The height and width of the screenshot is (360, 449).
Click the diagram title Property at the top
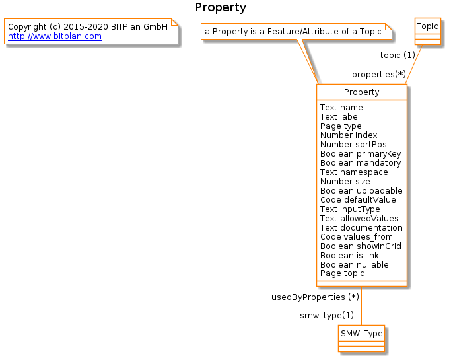[x=221, y=8]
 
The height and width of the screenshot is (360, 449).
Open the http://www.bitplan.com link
[x=54, y=36]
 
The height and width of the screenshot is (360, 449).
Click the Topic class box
[x=427, y=26]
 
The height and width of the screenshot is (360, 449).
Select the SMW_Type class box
[x=361, y=334]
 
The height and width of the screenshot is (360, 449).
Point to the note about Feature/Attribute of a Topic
[x=293, y=32]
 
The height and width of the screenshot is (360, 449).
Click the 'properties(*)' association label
[x=378, y=74]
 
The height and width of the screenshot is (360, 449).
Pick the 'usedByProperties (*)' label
[x=315, y=297]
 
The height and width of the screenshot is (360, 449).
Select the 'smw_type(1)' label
[x=326, y=315]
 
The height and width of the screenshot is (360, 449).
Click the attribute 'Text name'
[x=341, y=108]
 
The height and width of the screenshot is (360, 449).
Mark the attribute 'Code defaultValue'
[x=358, y=200]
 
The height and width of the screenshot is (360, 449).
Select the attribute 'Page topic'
[x=342, y=273]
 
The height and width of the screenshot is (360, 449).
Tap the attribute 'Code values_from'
[x=356, y=237]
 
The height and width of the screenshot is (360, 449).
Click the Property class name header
[x=361, y=92]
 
